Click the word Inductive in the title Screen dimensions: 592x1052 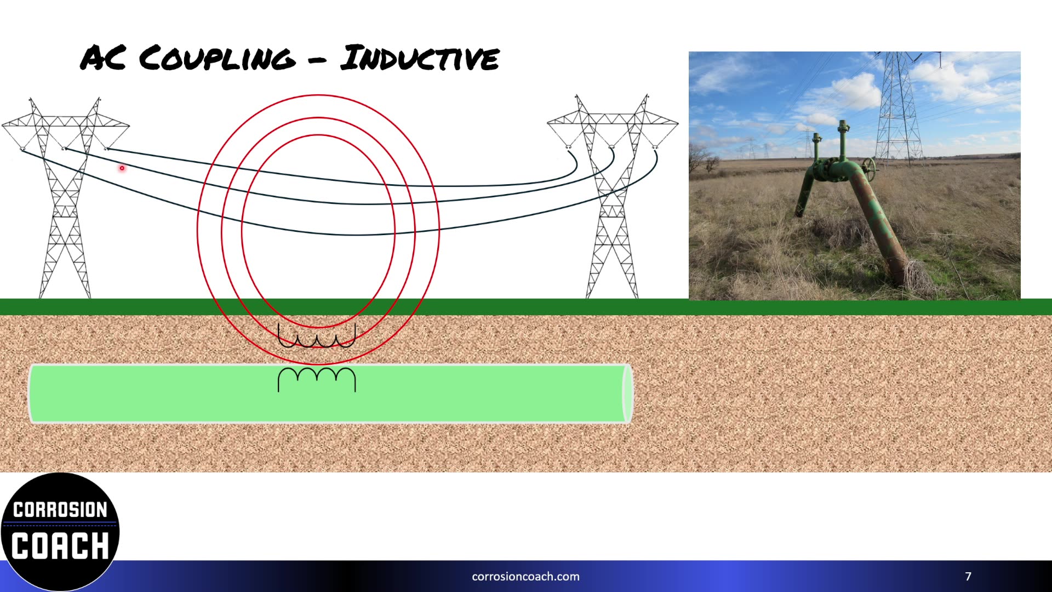click(x=419, y=58)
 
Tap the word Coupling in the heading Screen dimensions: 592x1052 click(x=216, y=58)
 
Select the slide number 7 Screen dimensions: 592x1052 click(x=968, y=576)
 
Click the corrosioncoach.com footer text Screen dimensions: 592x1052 click(x=525, y=577)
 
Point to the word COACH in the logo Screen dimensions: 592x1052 click(x=60, y=546)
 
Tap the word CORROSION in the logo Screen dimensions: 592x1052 click(x=60, y=510)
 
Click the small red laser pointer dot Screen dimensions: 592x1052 click(x=122, y=168)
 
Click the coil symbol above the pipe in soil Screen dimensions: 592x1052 click(x=317, y=336)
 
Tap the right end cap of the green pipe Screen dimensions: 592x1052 click(x=627, y=394)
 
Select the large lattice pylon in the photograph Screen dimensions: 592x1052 click(x=899, y=110)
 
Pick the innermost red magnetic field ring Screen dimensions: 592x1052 click(x=242, y=230)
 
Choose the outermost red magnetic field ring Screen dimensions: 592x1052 click(x=198, y=230)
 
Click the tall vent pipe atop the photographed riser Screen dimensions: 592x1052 click(x=842, y=143)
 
